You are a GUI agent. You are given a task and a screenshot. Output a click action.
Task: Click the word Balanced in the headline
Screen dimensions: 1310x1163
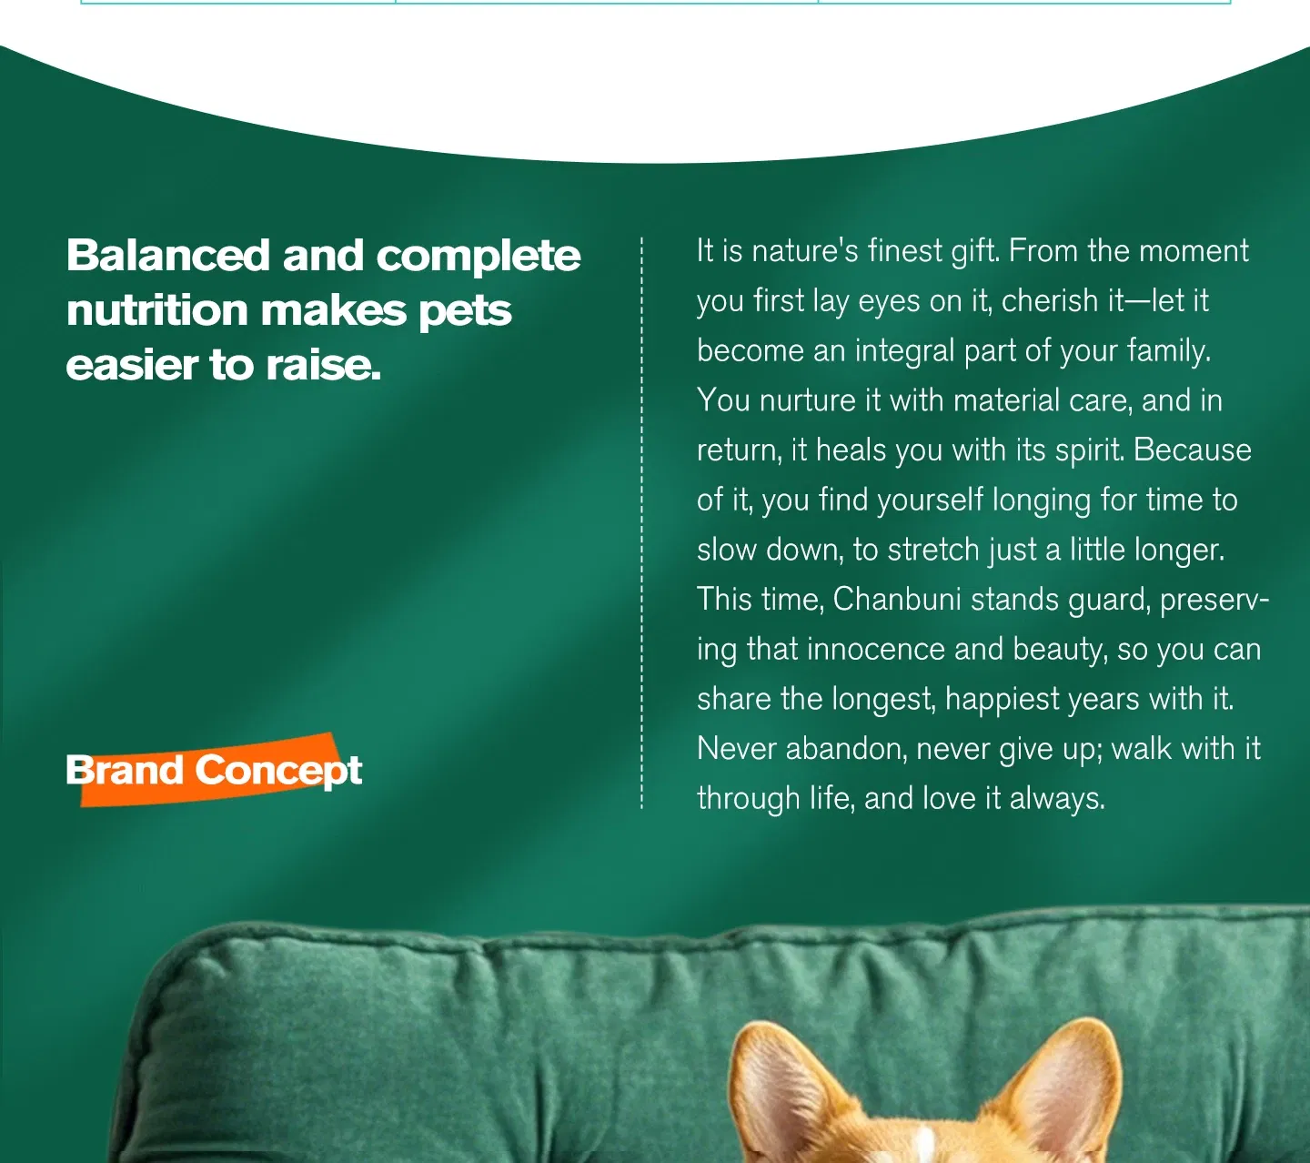point(167,255)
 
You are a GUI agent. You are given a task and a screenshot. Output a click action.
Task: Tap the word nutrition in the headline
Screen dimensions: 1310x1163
point(157,310)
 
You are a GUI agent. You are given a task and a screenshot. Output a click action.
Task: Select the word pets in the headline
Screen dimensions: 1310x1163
point(465,313)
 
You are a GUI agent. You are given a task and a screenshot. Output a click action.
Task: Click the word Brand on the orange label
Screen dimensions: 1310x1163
point(124,770)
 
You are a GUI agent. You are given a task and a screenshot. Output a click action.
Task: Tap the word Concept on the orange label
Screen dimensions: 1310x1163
point(278,771)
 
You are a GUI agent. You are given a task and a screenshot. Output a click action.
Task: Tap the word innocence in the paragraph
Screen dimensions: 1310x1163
point(875,650)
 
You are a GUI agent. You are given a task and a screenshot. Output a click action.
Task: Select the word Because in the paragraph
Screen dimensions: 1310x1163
point(1193,450)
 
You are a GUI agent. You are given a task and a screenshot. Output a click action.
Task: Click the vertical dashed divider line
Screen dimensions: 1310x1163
point(641,522)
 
